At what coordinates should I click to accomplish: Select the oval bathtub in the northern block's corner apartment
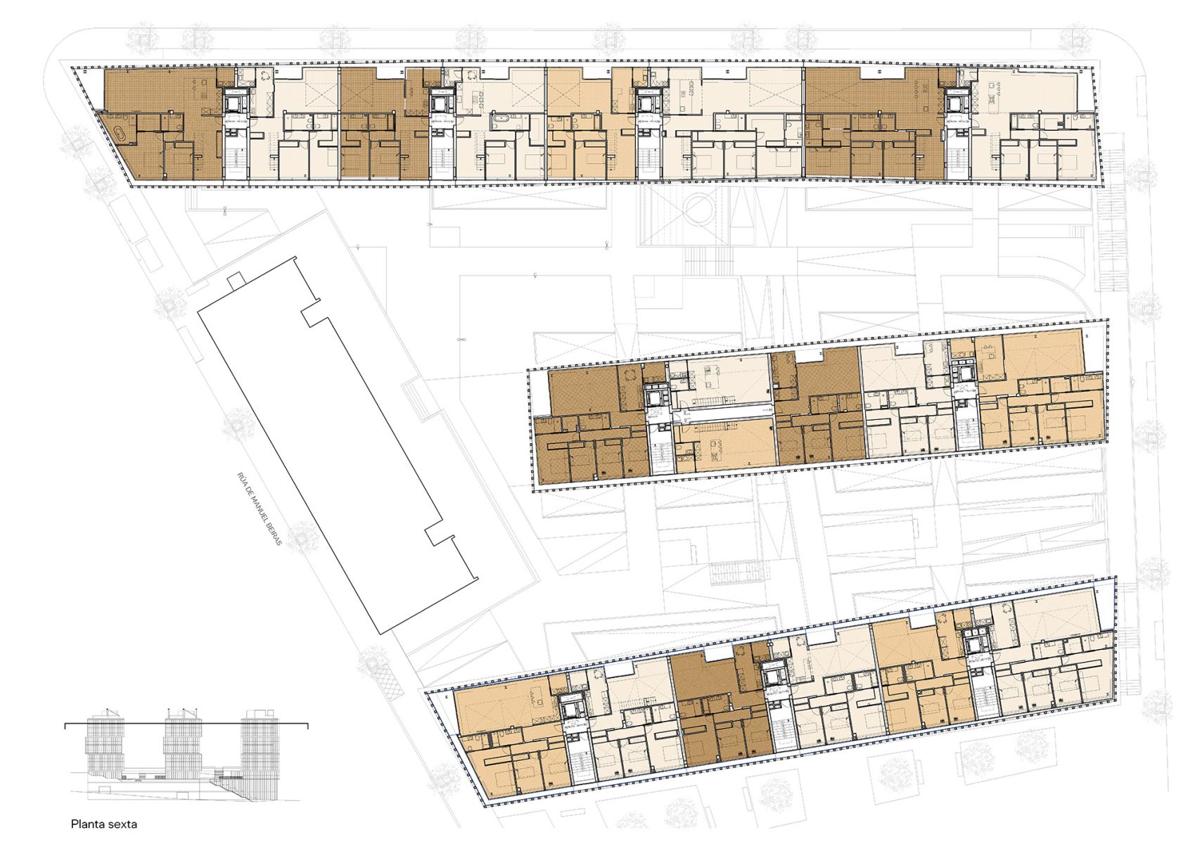pos(121,135)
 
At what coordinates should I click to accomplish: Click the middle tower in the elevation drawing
pos(182,747)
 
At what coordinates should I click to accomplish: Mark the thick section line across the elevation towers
pos(186,724)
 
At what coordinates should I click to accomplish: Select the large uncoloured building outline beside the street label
pos(337,445)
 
